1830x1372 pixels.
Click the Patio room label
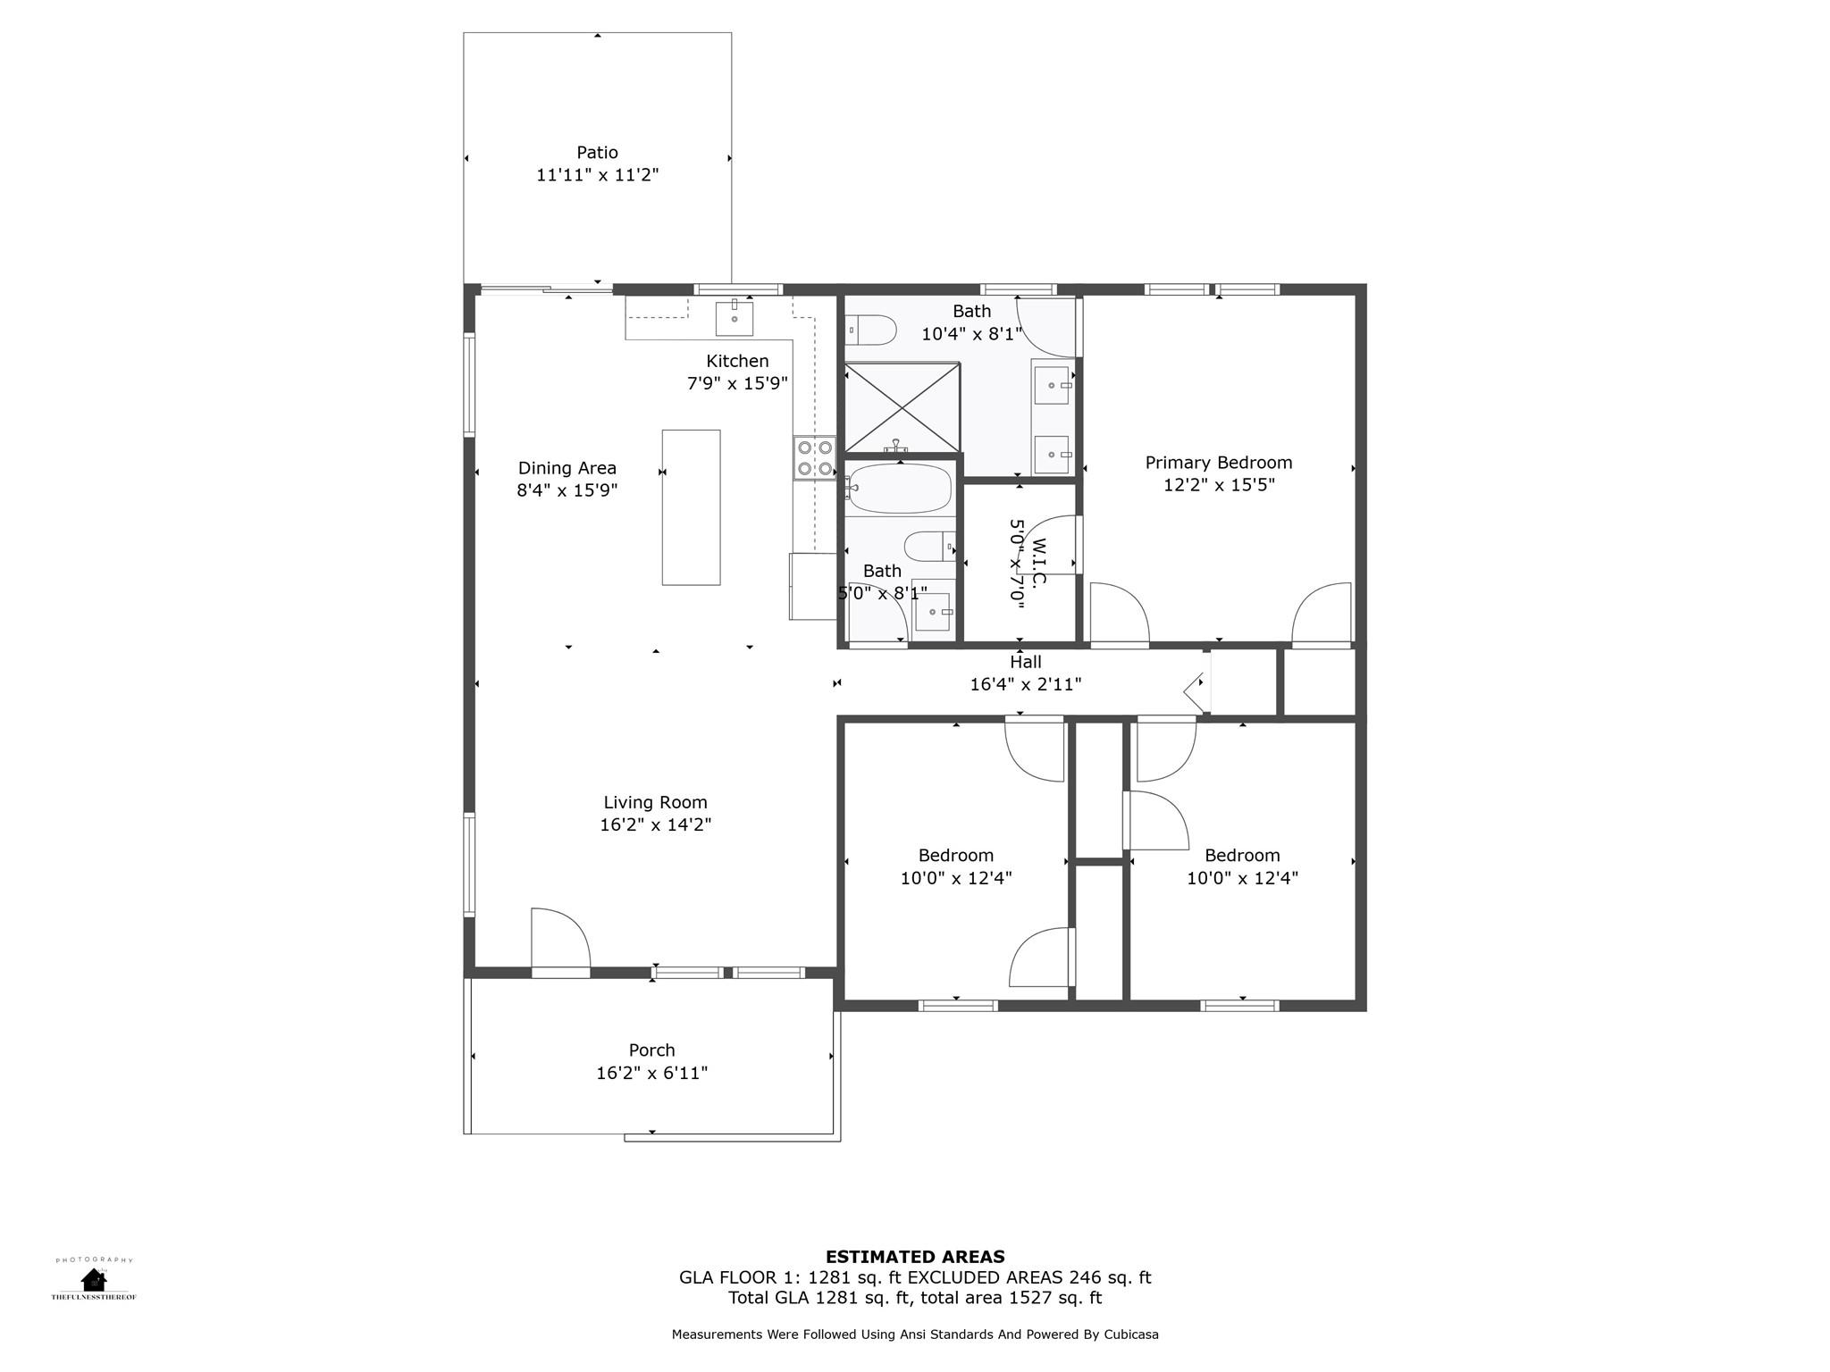coord(597,153)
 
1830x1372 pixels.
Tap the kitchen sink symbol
coord(735,319)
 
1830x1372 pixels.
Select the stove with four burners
coord(815,457)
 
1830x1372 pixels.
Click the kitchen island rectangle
coord(691,507)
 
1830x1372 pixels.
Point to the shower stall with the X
coord(902,407)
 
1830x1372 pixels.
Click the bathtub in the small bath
coord(899,489)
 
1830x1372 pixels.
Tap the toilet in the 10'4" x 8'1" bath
coord(872,330)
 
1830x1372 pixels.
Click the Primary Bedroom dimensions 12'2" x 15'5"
coord(1219,485)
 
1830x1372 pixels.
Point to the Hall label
coord(1026,662)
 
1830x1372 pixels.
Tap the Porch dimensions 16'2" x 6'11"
coord(651,1073)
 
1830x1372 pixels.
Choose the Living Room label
coord(655,802)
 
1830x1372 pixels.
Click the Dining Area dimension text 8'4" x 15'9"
coord(567,490)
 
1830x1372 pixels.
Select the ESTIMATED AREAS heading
coord(915,1257)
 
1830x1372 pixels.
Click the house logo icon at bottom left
coord(93,1279)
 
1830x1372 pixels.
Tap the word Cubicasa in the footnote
coord(1131,1334)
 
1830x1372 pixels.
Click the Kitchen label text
coord(737,361)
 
